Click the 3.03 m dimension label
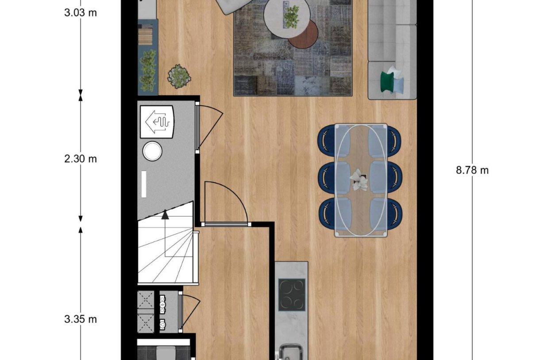(x=80, y=12)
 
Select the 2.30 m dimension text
(x=80, y=159)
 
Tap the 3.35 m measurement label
(x=80, y=319)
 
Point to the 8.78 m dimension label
(x=472, y=170)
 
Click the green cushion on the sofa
(x=386, y=81)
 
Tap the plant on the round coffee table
(x=291, y=17)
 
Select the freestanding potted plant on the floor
(x=179, y=76)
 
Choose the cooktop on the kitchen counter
(x=292, y=294)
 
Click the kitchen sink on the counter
(x=291, y=354)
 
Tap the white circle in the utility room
(x=153, y=151)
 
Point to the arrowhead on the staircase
(x=165, y=215)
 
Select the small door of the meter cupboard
(x=189, y=312)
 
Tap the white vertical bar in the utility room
(x=144, y=185)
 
